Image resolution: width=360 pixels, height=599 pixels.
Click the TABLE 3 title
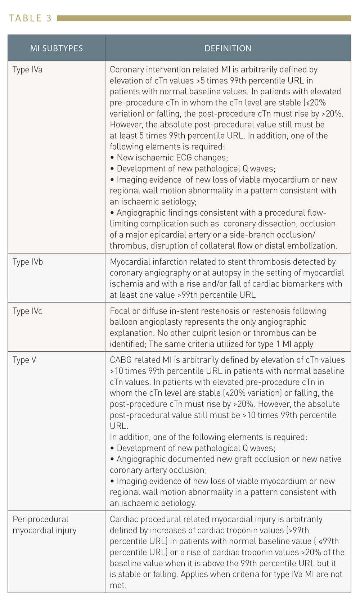pos(30,18)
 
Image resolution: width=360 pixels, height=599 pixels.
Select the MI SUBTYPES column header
pos(57,48)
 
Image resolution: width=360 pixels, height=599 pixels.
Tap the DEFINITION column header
pos(228,48)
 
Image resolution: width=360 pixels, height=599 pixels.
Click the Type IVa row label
pos(27,69)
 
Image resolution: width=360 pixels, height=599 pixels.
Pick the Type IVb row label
pos(28,262)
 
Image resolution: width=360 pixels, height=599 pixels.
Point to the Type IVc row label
pos(27,311)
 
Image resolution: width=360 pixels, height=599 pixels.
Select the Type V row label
pos(24,360)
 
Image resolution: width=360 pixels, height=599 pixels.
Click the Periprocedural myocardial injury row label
pos(44,524)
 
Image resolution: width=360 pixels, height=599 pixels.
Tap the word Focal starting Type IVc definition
pos(120,311)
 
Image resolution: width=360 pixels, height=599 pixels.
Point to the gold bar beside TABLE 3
pos(204,18)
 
